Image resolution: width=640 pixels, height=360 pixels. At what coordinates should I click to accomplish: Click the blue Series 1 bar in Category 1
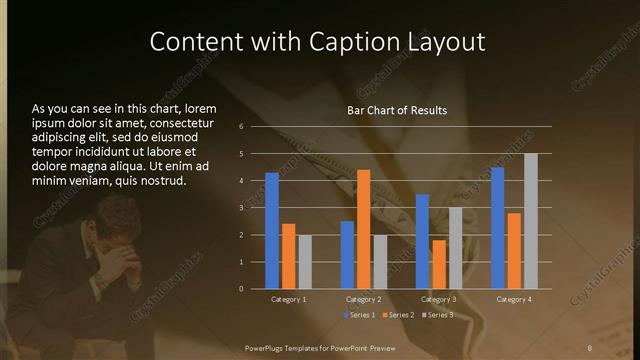coord(272,231)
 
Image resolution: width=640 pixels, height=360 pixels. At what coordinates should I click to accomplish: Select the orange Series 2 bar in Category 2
coord(363,229)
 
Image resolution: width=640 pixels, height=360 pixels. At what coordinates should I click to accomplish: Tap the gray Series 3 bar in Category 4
coord(531,221)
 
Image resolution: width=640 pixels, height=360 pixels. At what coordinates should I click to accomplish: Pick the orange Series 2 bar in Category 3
coord(438,264)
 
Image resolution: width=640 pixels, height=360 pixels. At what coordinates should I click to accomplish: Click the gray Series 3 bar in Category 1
coord(305,262)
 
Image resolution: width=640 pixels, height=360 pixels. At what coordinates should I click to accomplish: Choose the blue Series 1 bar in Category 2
coord(347,255)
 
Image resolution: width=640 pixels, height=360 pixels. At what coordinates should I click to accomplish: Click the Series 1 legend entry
coord(360,315)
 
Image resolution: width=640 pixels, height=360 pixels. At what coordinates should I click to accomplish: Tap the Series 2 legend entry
coord(397,315)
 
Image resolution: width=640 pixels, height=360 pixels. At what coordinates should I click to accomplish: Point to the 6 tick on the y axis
coord(241,127)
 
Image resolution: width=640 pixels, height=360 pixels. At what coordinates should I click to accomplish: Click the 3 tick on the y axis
coord(241,208)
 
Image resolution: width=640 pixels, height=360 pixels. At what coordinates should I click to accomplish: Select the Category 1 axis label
coord(289,299)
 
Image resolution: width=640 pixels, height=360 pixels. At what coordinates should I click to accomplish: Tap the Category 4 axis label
coord(514,299)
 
